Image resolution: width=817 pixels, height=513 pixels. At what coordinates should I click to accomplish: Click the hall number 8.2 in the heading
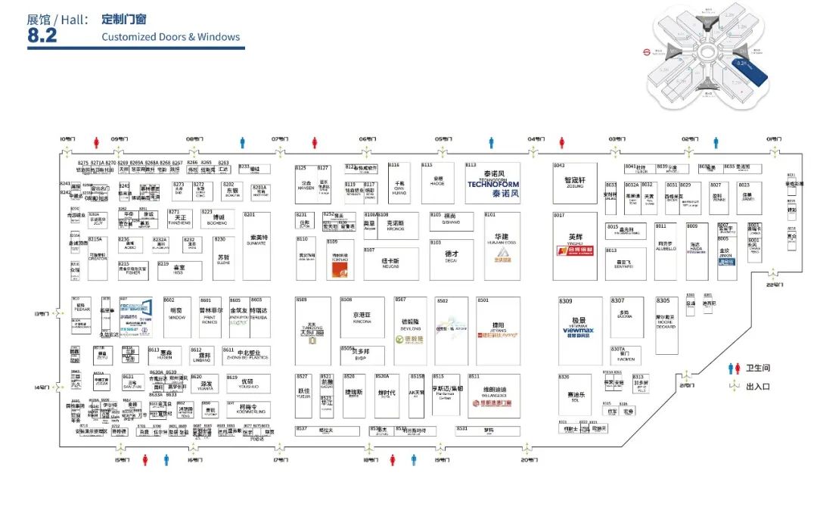coord(42,36)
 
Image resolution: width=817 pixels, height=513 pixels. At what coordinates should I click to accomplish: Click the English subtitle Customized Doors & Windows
coord(170,36)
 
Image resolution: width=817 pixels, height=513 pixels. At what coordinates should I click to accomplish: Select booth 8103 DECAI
coord(452,257)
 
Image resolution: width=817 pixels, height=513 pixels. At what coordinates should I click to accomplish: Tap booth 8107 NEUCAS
coord(390,263)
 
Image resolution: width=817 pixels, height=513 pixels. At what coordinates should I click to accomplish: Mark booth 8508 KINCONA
coord(362,319)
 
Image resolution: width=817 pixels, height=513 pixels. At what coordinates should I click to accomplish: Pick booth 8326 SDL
coord(575,397)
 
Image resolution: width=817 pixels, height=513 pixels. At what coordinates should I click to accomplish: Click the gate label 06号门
coord(367,139)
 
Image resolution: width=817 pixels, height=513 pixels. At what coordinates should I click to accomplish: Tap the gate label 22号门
coord(772,284)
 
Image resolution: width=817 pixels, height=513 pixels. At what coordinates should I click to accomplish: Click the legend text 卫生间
coord(757,368)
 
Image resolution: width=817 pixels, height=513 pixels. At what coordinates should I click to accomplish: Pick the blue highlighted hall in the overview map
coord(750,73)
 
